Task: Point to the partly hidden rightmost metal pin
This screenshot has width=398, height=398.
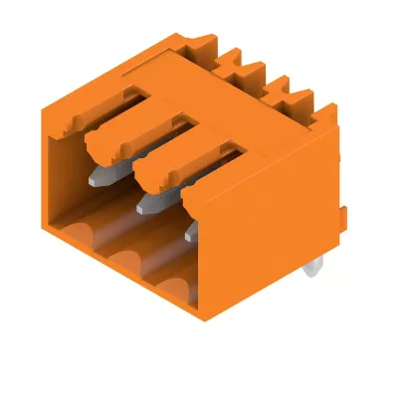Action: pos(190,237)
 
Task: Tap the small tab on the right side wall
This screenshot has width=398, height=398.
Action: pos(344,213)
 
